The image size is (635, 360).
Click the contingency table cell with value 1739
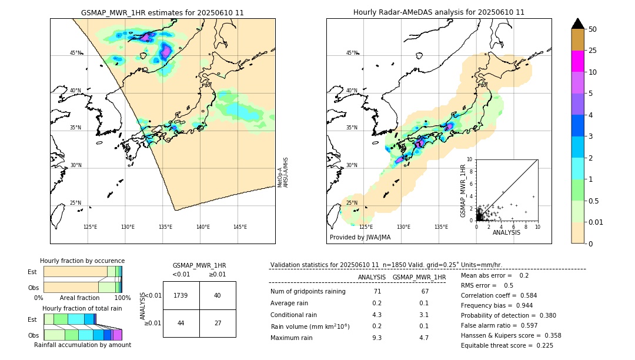click(181, 295)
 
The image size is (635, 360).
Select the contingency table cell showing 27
click(218, 324)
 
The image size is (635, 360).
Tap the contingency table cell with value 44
click(181, 324)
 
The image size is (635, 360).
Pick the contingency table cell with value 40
click(218, 295)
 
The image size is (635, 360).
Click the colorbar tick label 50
click(593, 29)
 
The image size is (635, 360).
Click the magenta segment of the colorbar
click(578, 61)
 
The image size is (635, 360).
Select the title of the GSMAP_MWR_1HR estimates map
click(162, 12)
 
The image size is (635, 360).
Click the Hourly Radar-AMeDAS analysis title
click(439, 12)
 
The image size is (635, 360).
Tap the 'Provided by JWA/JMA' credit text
click(360, 237)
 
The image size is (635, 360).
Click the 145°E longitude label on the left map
click(240, 227)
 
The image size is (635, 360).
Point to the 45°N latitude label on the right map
click(352, 53)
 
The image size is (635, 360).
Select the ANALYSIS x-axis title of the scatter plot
click(506, 232)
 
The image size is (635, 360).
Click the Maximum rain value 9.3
click(377, 338)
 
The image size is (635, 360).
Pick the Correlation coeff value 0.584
click(524, 295)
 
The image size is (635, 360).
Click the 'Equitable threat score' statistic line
click(507, 345)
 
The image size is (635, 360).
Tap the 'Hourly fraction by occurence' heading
click(82, 261)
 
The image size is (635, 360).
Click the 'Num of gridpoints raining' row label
click(308, 292)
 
